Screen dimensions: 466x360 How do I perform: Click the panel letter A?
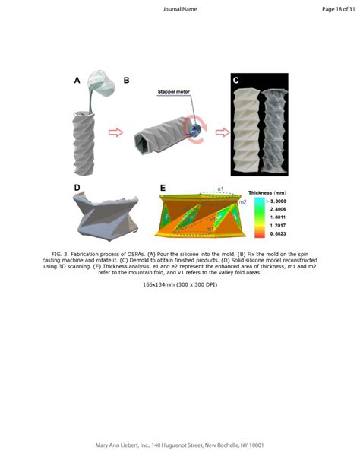[x=77, y=80]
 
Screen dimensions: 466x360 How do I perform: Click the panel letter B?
[x=127, y=80]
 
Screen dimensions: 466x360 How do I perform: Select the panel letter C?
[x=235, y=80]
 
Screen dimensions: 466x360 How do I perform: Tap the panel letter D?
[x=77, y=187]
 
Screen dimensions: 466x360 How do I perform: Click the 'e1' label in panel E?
[x=220, y=187]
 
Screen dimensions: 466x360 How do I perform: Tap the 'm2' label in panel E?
[x=242, y=202]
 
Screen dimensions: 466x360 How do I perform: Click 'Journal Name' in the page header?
[x=180, y=9]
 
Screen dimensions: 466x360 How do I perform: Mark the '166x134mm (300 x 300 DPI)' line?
[x=180, y=284]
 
